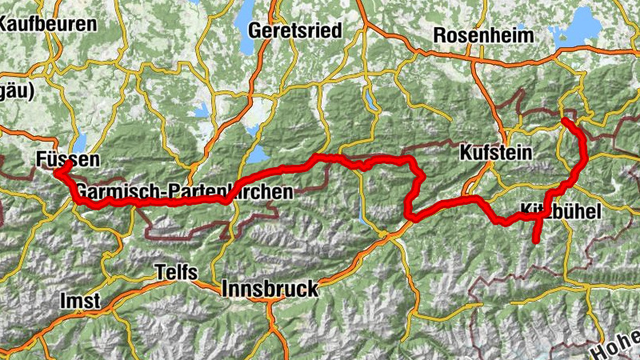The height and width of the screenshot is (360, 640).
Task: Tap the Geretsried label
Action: [x=295, y=30]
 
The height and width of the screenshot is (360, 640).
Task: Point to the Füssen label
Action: [x=68, y=159]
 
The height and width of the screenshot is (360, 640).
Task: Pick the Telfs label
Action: [x=175, y=272]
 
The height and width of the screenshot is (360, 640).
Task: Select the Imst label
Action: [x=80, y=301]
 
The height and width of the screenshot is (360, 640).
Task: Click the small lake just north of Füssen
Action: [x=80, y=142]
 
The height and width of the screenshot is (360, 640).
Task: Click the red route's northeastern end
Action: [x=565, y=120]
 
